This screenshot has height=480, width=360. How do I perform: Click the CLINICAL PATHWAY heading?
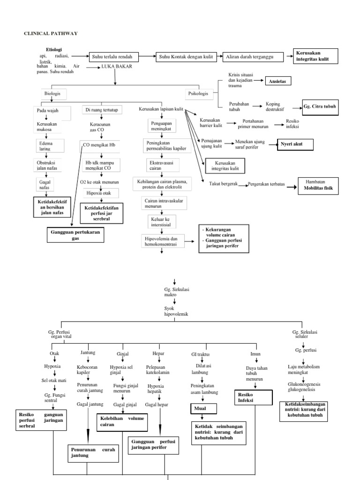point(51,33)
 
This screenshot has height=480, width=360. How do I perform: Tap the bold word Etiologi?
point(54,49)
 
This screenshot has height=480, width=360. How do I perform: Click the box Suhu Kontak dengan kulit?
point(186,57)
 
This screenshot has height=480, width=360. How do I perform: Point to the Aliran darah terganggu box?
point(253,57)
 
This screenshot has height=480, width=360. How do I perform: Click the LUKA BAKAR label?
point(117,67)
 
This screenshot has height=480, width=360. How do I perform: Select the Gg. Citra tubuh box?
point(320,106)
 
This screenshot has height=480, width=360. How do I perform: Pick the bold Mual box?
point(203,409)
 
